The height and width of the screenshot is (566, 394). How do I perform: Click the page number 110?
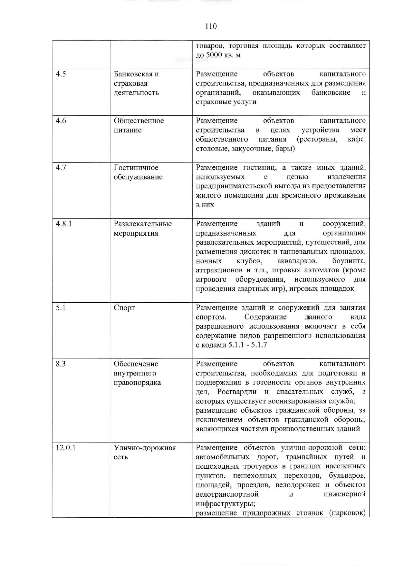click(x=211, y=26)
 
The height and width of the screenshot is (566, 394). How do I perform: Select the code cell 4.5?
click(x=61, y=74)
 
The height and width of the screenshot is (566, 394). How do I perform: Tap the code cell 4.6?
click(x=61, y=121)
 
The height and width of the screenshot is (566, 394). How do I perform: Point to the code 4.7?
click(x=61, y=168)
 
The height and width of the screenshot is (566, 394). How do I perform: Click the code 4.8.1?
click(x=64, y=224)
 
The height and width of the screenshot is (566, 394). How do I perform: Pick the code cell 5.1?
click(x=61, y=308)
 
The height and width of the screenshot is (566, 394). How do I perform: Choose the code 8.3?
click(x=61, y=364)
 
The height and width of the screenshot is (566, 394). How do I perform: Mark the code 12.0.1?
click(x=66, y=448)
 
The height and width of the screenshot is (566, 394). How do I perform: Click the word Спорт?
click(x=124, y=308)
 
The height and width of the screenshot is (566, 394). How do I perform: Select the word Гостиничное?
click(x=136, y=168)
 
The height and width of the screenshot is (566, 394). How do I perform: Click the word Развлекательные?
click(x=143, y=224)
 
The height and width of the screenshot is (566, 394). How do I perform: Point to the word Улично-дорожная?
click(x=145, y=448)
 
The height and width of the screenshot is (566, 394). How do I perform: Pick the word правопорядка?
click(x=137, y=383)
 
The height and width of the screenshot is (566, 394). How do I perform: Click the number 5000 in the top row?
click(x=214, y=55)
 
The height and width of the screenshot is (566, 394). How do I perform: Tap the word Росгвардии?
click(x=237, y=392)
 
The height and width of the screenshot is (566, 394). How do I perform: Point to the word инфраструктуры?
click(x=226, y=504)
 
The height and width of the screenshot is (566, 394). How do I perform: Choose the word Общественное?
click(x=139, y=121)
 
